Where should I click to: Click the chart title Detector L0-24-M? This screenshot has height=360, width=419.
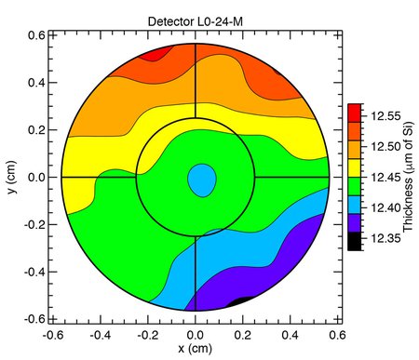click(195, 20)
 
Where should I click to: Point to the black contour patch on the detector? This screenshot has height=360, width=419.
click(243, 300)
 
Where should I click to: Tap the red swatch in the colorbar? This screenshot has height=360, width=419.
click(355, 113)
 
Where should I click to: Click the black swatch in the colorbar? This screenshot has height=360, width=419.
click(355, 242)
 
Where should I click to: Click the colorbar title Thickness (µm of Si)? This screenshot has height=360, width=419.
click(408, 178)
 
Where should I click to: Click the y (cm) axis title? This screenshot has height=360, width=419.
click(10, 177)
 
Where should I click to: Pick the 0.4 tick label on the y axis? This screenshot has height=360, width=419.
click(34, 82)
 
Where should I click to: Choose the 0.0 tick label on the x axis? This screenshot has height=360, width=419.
click(195, 334)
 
